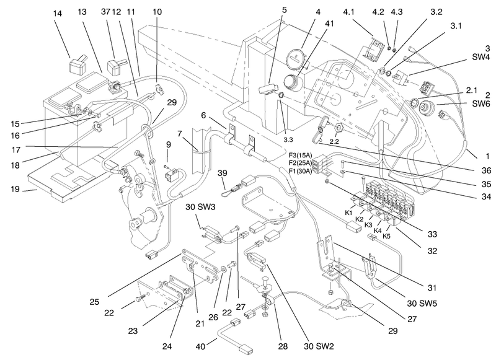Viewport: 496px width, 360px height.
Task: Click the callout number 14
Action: click(58, 14)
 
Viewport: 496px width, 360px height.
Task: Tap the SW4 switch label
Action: click(481, 57)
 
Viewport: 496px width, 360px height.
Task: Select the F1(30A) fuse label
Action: click(300, 172)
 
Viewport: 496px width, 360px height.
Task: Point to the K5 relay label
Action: click(386, 236)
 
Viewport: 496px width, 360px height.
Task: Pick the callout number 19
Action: click(15, 190)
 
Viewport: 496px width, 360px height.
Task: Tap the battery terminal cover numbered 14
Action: click(77, 64)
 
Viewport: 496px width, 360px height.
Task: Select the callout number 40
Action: click(200, 346)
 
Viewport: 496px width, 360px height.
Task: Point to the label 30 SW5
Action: click(422, 304)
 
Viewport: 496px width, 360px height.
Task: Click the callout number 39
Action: click(223, 173)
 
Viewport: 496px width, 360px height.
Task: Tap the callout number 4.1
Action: click(348, 12)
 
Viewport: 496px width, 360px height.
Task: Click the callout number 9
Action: click(168, 144)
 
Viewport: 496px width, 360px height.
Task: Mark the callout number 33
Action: click(432, 234)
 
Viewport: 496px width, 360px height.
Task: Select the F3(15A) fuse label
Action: click(300, 155)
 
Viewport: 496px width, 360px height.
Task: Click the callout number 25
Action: click(94, 302)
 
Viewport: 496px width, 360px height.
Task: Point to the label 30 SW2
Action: click(319, 346)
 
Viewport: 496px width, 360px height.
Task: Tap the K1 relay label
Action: click(348, 213)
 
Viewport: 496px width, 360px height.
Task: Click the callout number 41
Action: click(329, 24)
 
